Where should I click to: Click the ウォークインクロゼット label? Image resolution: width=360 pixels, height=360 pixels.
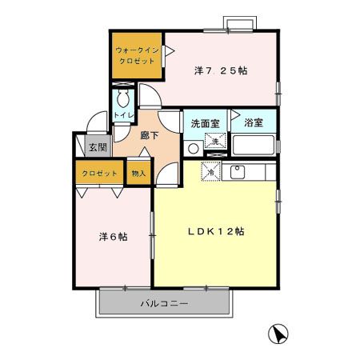tap(135, 55)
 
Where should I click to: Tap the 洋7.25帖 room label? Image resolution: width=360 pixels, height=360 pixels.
tap(220, 70)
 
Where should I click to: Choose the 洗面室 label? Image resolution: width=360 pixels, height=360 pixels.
tap(205, 124)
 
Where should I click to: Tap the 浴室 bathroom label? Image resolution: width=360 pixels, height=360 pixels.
tap(254, 124)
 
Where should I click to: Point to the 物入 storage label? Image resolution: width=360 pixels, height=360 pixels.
tap(138, 174)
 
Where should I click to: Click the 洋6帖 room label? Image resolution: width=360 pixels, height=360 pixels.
tap(113, 238)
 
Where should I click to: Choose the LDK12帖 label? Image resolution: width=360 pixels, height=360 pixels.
tap(216, 231)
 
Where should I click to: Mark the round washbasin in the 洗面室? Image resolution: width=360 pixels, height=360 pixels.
tap(193, 148)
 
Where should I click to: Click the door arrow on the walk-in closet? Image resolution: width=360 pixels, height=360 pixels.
tap(169, 50)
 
